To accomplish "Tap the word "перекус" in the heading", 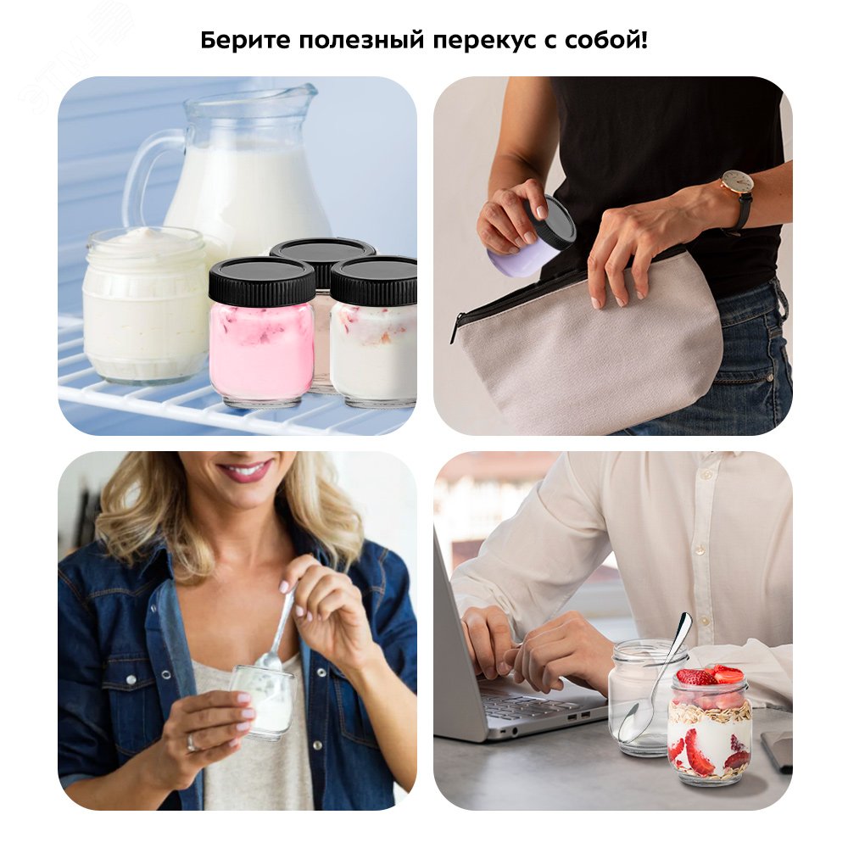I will point(471,40).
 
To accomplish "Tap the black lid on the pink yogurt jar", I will point(261,281).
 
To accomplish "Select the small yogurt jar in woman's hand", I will point(263,700).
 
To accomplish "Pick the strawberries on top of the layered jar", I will point(711,676).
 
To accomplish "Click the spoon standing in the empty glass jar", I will point(657,678).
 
